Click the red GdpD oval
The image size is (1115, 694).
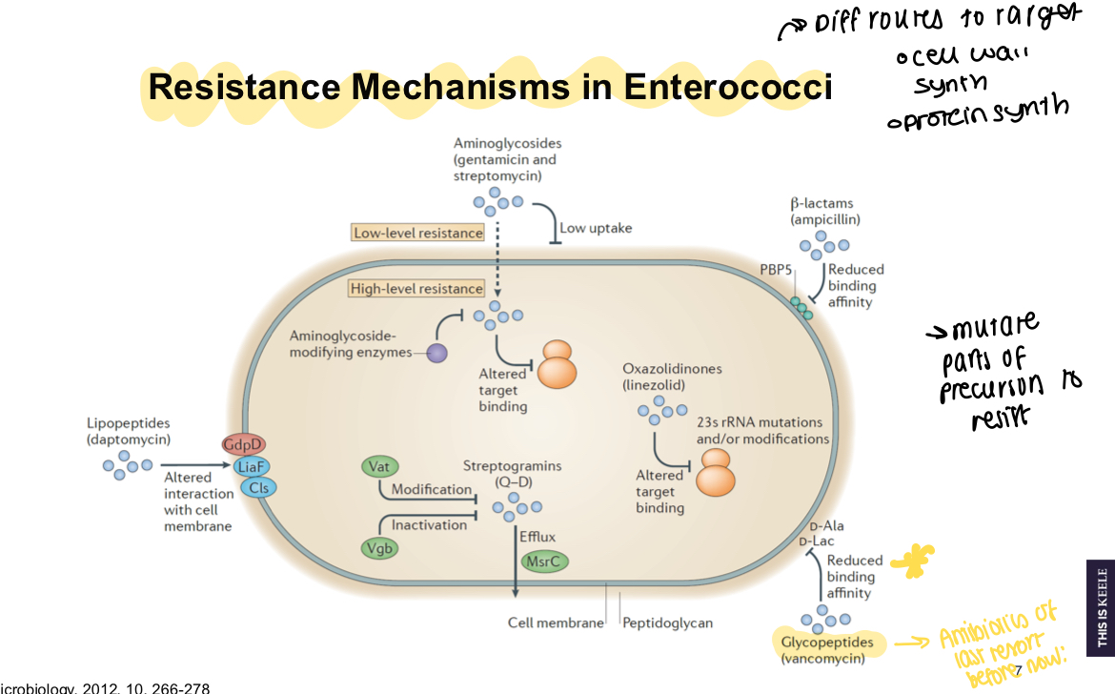point(242,444)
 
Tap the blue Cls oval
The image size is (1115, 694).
point(257,487)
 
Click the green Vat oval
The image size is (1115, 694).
point(379,466)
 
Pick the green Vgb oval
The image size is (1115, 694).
point(379,547)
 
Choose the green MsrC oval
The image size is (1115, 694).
point(544,561)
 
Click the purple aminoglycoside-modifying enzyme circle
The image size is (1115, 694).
point(436,353)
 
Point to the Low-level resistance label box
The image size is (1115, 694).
point(417,233)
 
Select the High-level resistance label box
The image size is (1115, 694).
point(416,289)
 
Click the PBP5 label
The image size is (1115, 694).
point(776,270)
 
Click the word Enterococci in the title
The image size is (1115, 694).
point(728,88)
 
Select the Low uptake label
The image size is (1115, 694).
point(595,228)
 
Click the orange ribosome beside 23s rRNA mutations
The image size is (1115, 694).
point(716,473)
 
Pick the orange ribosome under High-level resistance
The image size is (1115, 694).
point(557,364)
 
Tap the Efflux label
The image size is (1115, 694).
point(537,537)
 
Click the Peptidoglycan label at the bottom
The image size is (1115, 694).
point(667,623)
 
